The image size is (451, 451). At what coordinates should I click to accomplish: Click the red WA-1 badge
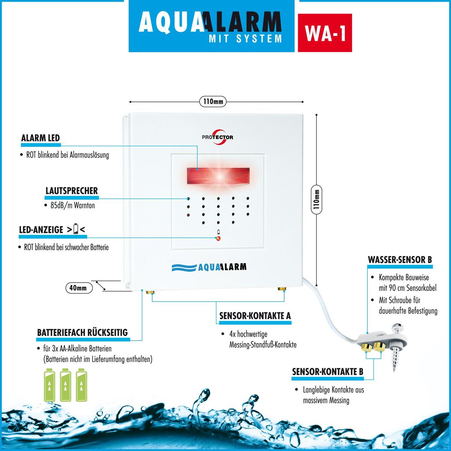[x=325, y=33]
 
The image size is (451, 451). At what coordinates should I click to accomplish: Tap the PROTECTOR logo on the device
[x=218, y=138]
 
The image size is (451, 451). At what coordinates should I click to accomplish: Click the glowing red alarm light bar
[x=218, y=176]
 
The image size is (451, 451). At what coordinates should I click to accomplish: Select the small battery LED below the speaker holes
[x=218, y=239]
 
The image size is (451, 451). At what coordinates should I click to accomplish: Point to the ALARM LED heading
[x=41, y=138]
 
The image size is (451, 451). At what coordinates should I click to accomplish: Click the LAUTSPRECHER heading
[x=72, y=191]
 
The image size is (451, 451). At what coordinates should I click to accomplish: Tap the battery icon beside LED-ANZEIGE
[x=76, y=229]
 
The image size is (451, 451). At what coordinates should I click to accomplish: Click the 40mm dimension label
[x=79, y=288]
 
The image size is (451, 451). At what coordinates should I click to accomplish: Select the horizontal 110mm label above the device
[x=213, y=101]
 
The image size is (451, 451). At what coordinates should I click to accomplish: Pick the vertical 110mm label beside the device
[x=316, y=199]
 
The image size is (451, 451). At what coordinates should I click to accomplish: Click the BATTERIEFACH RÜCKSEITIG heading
[x=83, y=333]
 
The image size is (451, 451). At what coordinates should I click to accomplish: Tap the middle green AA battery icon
[x=65, y=385]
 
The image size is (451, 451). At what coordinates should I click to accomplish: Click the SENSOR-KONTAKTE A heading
[x=255, y=316]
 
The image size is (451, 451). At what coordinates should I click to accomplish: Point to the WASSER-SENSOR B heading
[x=400, y=260]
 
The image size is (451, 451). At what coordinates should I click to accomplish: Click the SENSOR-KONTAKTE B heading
[x=328, y=372]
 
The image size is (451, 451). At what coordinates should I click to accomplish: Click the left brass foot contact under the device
[x=150, y=292]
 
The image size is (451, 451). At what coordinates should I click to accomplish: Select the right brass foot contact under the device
[x=282, y=289]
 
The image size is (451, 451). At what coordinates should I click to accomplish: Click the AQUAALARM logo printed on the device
[x=209, y=267]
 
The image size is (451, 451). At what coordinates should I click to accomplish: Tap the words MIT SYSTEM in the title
[x=245, y=39]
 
